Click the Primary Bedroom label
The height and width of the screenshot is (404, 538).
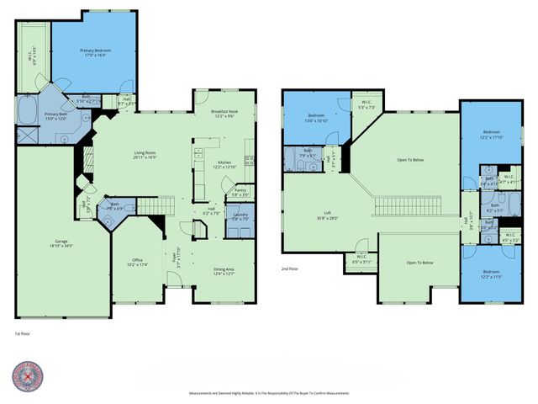pyautogui.click(x=96, y=53)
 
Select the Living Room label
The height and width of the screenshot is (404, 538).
pyautogui.click(x=146, y=155)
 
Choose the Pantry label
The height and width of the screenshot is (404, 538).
pyautogui.click(x=240, y=193)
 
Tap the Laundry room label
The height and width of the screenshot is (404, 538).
pyautogui.click(x=241, y=218)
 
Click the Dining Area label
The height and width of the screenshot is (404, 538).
pyautogui.click(x=223, y=270)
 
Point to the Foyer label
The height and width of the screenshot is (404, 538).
pyautogui.click(x=177, y=256)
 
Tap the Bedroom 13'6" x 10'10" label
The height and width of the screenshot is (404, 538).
pyautogui.click(x=316, y=118)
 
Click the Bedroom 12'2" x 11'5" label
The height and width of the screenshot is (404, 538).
pyautogui.click(x=491, y=275)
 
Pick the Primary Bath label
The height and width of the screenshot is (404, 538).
pyautogui.click(x=56, y=116)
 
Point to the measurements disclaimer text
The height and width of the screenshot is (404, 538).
pyautogui.click(x=268, y=393)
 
